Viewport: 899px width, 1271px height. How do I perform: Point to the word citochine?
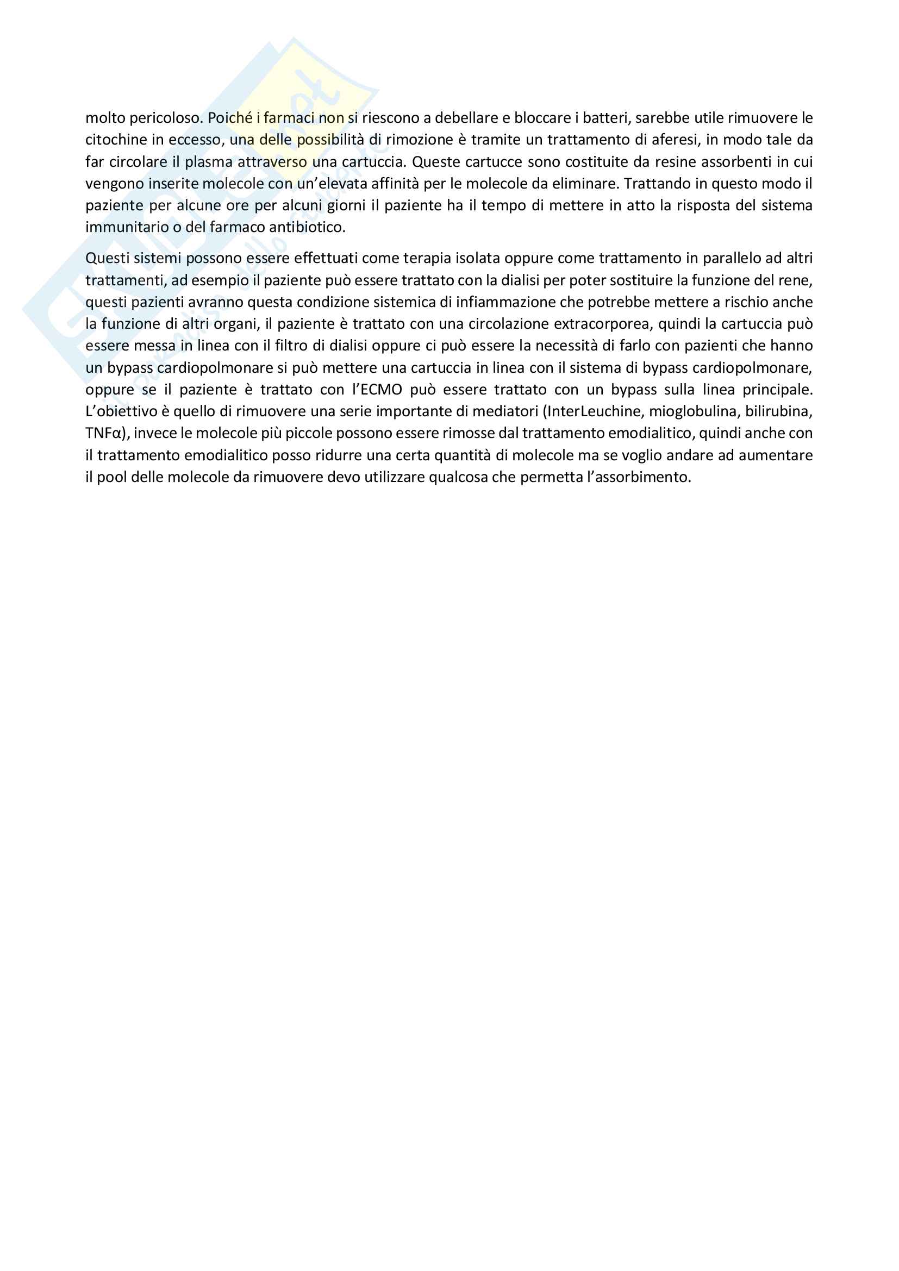pyautogui.click(x=115, y=140)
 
